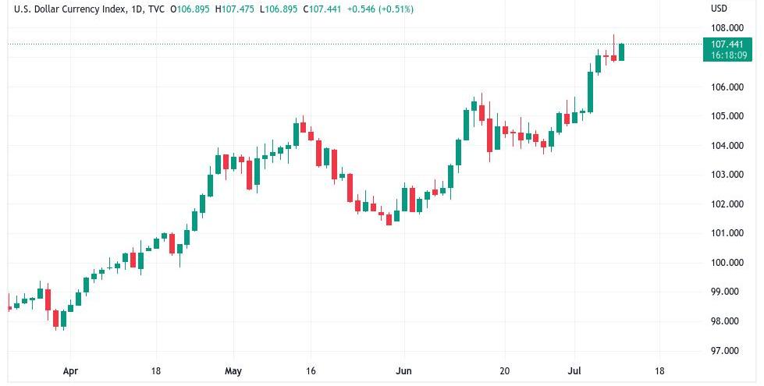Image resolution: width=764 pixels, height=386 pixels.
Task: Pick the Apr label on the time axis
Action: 70,371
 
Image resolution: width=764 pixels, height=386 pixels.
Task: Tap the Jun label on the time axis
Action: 403,371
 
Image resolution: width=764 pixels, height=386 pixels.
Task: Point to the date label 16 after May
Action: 311,371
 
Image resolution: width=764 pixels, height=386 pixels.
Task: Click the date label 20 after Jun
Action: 504,371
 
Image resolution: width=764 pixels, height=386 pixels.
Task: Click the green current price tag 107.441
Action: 725,44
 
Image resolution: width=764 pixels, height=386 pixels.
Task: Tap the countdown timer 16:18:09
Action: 725,55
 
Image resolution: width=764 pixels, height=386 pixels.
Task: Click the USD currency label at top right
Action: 719,9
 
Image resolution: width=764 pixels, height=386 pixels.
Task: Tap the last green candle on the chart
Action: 621,51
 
